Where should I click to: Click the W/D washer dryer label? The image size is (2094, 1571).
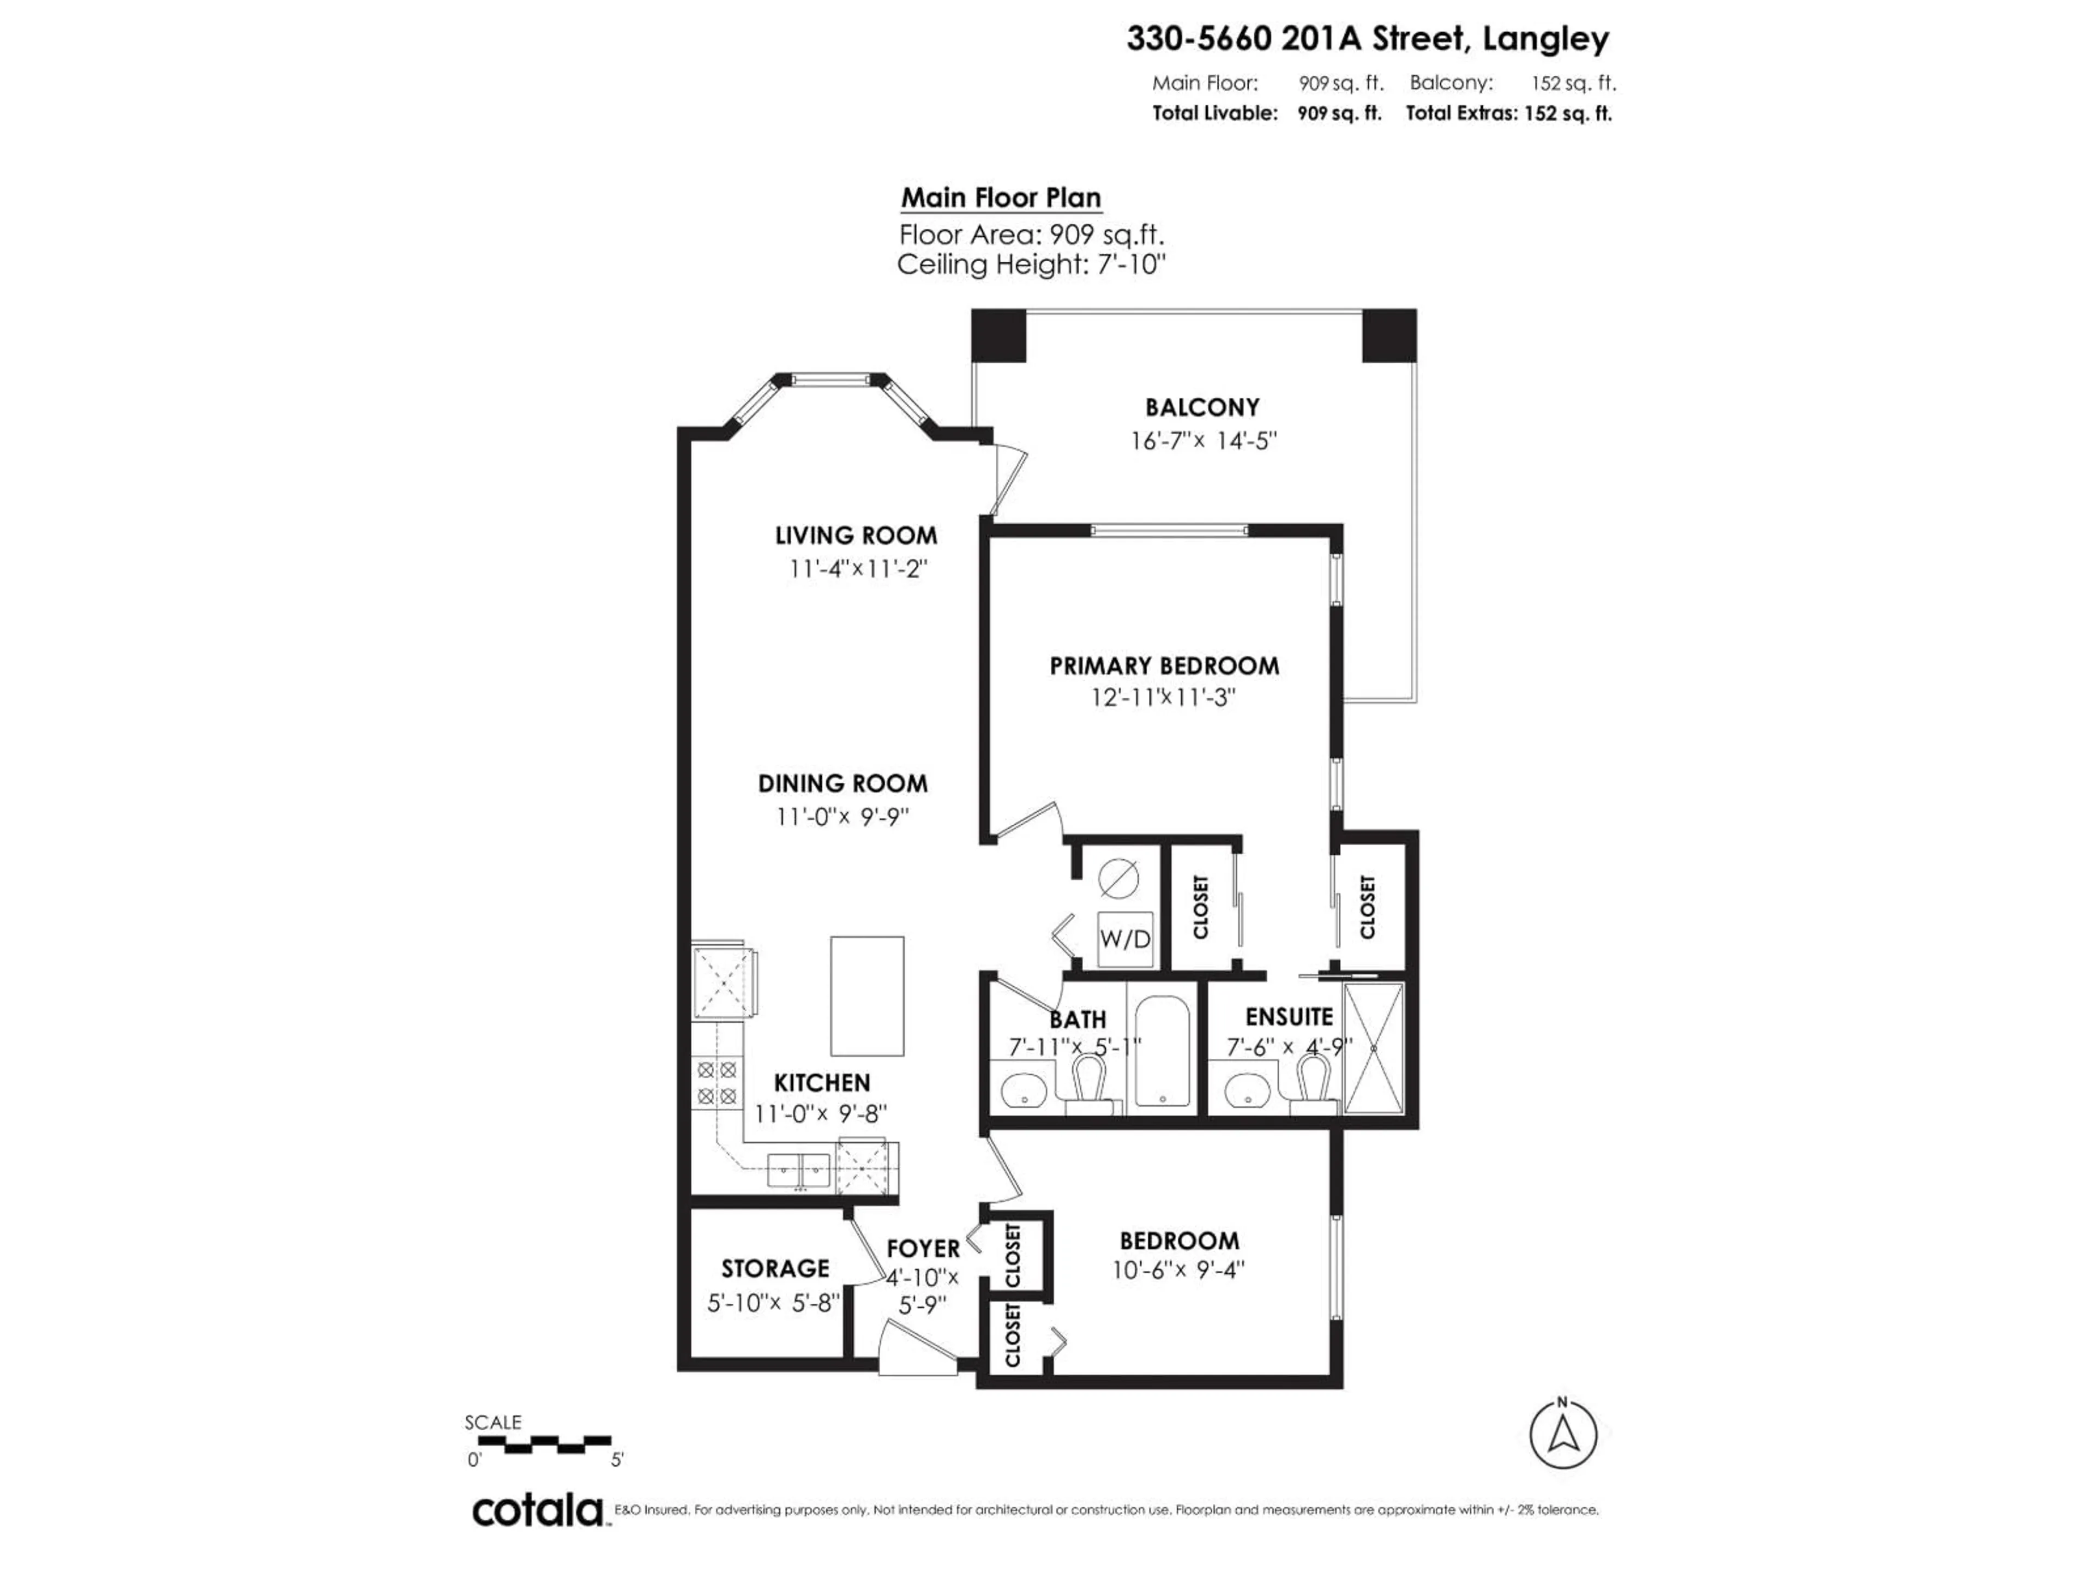coord(1124,939)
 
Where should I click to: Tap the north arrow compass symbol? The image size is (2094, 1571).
coord(1563,1435)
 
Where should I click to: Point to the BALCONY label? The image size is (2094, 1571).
coord(1202,407)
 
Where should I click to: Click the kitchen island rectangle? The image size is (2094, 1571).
coord(867,996)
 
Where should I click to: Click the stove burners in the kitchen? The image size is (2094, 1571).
coord(717,1083)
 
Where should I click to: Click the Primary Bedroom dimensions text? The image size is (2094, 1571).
coord(1164,698)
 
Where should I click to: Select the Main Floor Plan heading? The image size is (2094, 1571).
coord(1001,198)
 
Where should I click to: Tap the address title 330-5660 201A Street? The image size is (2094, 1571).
coord(1367,39)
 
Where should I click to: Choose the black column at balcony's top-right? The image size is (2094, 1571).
coord(1389,335)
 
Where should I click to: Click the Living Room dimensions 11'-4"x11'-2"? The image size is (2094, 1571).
coord(857,569)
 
